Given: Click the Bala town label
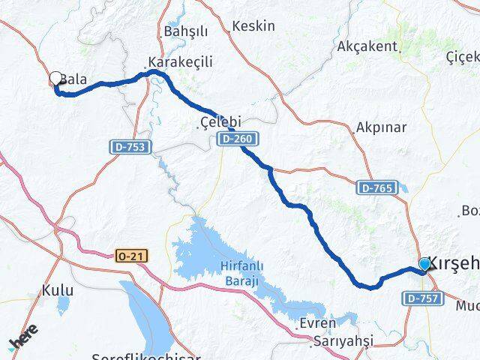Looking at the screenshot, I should [x=76, y=78].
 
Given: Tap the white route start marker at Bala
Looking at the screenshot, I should [x=56, y=78].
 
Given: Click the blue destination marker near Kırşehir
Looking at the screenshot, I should [x=425, y=264].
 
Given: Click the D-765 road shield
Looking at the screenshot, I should [x=374, y=187].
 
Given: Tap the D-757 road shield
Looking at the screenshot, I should [x=421, y=298].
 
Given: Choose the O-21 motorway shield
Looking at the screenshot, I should [x=132, y=256].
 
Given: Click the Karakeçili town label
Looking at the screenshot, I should [x=180, y=62].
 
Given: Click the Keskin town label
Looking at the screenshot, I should [x=253, y=26].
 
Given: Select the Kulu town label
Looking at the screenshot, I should [x=58, y=289].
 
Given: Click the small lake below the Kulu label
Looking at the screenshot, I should [x=63, y=304].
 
